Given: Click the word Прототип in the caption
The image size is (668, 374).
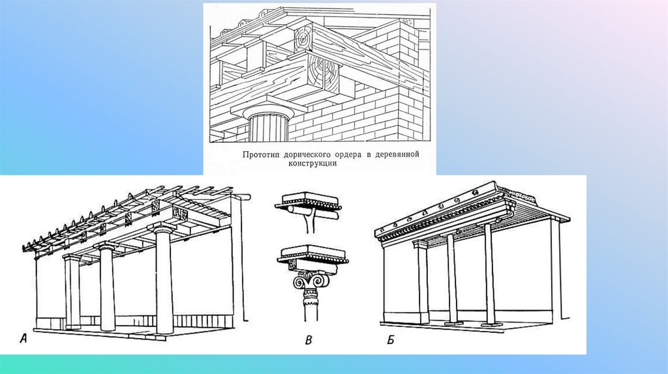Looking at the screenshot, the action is tap(260, 155).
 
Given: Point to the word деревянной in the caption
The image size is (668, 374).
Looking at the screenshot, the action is tap(397, 154).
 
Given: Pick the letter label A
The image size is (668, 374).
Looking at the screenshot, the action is tap(24, 339).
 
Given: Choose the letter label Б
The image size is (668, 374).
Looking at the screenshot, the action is tap(391, 340).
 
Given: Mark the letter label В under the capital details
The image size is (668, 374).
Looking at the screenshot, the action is tap(309, 340).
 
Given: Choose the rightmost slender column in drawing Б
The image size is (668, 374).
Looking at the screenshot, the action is tap(489, 274).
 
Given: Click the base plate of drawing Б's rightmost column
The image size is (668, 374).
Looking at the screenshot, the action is tap(490, 326).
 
